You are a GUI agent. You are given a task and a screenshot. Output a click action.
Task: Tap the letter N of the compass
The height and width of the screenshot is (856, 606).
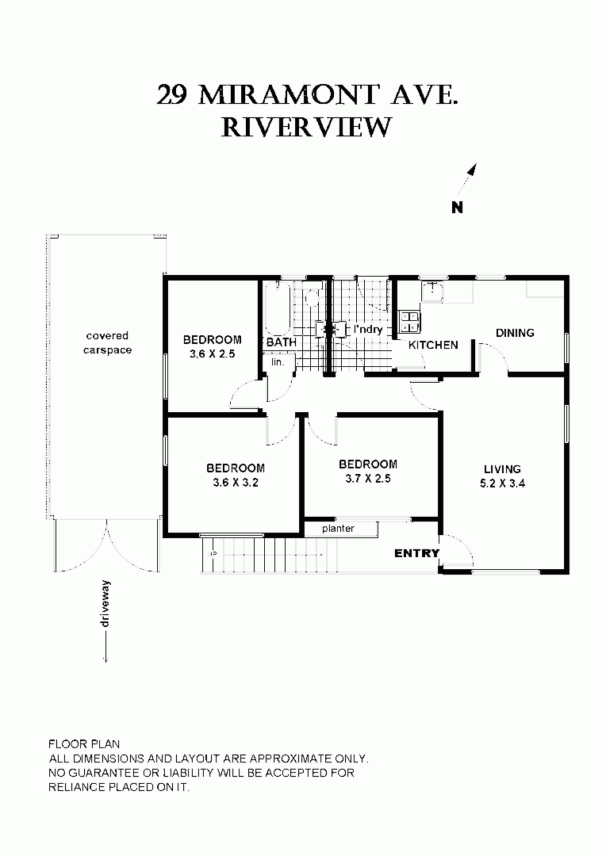coord(457,208)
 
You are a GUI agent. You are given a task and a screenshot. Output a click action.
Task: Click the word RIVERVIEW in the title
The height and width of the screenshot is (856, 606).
coord(306,127)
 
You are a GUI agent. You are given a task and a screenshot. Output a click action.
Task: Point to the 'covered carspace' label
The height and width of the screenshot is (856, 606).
coord(107,343)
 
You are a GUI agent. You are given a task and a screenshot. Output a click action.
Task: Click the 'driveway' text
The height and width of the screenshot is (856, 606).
coord(105,605)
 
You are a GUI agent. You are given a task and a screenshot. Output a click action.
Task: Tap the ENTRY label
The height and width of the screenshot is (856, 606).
coord(416,553)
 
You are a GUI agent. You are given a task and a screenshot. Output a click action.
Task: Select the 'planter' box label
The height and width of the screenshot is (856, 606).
coord(338,529)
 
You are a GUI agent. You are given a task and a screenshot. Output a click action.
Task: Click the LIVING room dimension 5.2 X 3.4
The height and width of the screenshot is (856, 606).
coord(503,483)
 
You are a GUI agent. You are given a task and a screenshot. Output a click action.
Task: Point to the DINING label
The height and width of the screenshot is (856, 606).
coord(515,333)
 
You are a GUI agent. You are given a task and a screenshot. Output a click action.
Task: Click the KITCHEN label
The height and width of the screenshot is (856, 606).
coord(433,346)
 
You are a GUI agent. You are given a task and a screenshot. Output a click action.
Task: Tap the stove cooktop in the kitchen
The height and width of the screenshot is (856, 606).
coord(410,322)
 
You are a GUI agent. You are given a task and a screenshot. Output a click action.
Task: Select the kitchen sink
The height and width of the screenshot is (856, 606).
coord(432,292)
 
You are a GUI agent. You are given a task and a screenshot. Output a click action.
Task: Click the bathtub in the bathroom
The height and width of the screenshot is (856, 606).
coord(278,309)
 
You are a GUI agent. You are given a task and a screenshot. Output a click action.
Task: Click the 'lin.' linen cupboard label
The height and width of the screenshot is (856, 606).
coord(278,361)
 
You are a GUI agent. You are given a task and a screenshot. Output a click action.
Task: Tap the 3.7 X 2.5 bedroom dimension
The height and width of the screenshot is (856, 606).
coord(367,479)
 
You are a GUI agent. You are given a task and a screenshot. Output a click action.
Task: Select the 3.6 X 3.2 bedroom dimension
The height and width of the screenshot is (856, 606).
coord(236,483)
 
